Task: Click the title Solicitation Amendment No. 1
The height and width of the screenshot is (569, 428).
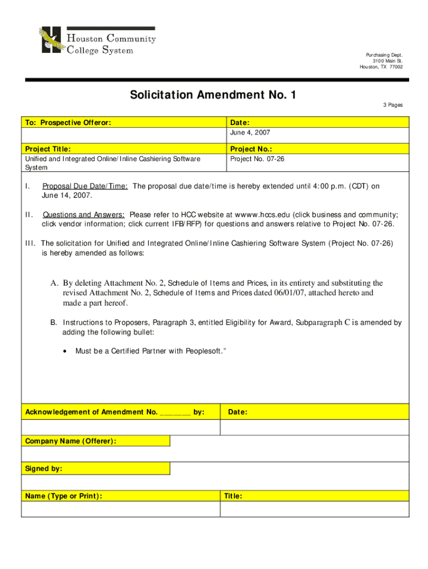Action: click(213, 95)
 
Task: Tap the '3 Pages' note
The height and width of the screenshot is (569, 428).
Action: click(392, 105)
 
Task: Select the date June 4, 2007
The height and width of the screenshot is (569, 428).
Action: click(250, 133)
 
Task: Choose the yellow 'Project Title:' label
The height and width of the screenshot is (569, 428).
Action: click(48, 148)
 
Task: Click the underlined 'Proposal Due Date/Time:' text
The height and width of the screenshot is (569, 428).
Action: click(85, 187)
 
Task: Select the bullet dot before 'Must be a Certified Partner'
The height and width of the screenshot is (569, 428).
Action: click(66, 351)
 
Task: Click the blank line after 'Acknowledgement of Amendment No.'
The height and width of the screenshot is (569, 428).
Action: click(175, 412)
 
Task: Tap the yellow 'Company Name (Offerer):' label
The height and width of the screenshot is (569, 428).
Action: click(71, 441)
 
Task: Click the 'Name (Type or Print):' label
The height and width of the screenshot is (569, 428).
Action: click(63, 496)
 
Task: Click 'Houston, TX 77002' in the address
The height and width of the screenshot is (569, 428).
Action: click(381, 67)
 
